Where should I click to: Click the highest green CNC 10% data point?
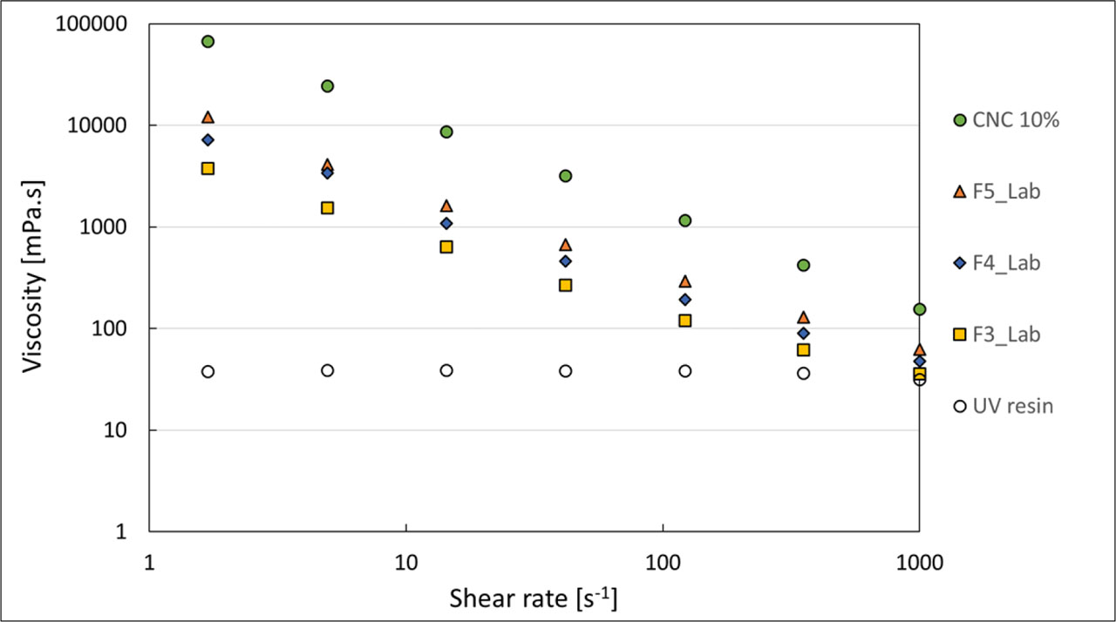208,41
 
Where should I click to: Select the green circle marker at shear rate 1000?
919,309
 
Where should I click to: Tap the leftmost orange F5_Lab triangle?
208,117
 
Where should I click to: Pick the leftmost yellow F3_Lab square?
208,168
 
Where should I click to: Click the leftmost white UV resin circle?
208,371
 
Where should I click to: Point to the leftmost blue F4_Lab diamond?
208,139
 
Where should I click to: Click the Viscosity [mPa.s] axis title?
32,278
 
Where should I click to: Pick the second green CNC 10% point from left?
327,85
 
